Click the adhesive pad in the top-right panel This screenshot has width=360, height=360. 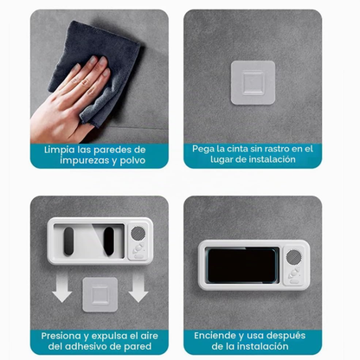(253, 82)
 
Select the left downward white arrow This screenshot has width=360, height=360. (61, 287)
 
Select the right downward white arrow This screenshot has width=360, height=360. (138, 287)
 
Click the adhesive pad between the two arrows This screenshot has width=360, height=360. (100, 294)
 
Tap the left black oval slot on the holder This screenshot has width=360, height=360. (68, 241)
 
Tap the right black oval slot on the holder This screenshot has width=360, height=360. (109, 241)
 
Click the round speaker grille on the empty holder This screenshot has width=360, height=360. (138, 233)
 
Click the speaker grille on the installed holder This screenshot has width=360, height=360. (294, 257)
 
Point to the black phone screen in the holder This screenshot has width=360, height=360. (241, 266)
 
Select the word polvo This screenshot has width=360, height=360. (132, 160)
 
